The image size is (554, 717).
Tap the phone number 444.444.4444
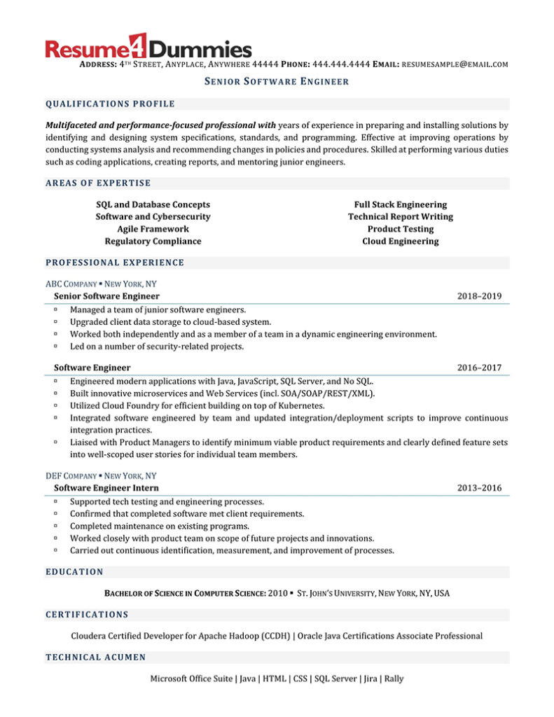coord(341,64)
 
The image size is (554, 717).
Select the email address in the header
coord(455,64)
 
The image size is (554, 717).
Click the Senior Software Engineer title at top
coord(277,82)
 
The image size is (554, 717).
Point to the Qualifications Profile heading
coord(110,104)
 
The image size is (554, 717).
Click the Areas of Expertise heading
coord(98,183)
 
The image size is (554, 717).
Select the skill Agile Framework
coord(153,229)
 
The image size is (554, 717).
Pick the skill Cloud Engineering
coord(400,242)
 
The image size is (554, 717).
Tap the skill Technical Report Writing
coord(400,217)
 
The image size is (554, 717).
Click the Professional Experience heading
coord(115,263)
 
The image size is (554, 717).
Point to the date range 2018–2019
coord(479,296)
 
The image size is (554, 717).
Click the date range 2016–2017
coord(479,368)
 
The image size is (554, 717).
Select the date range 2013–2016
coord(479,488)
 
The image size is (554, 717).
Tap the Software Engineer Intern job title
coord(106,488)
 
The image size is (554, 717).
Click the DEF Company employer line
coord(101,475)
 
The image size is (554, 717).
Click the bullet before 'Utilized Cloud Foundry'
coord(55,405)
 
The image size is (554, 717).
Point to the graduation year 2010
coord(278,594)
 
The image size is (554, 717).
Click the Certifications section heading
coord(87,615)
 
